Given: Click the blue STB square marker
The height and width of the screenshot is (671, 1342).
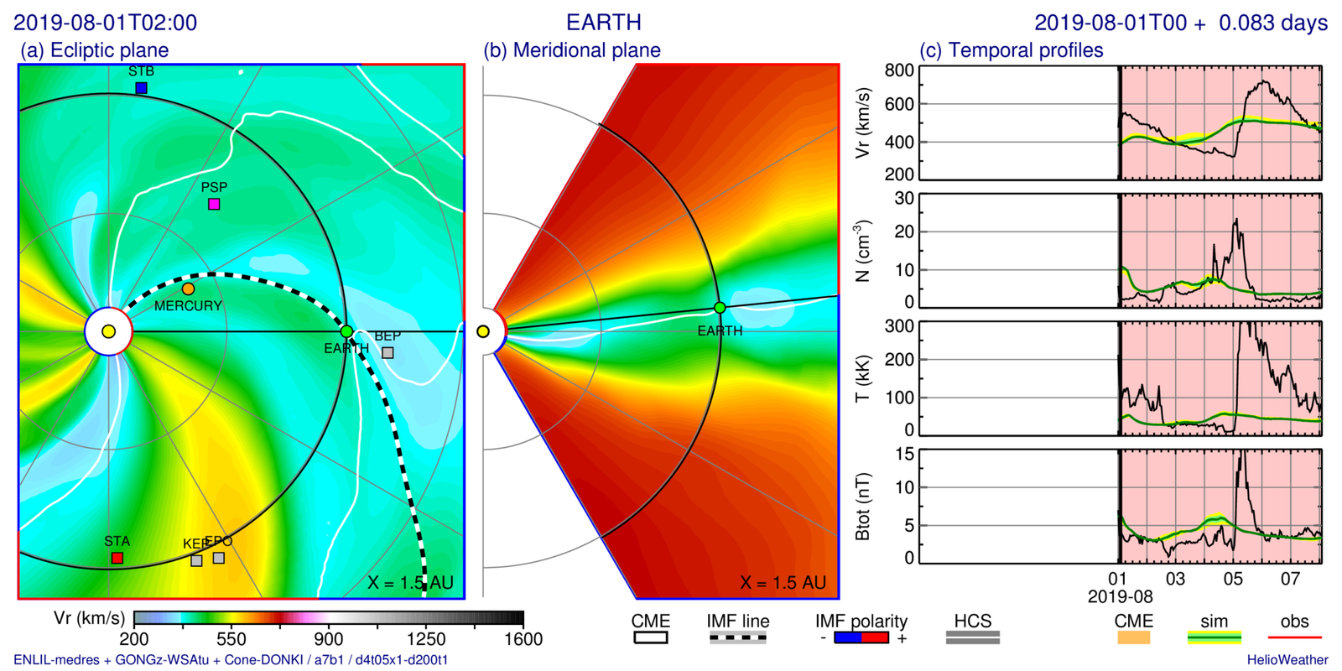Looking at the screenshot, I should coord(141,88).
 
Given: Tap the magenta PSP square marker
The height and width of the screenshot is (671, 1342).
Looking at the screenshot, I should coord(214,204).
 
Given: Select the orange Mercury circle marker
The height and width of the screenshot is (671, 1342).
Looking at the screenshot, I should coord(188,289).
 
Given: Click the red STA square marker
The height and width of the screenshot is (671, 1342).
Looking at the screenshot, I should coord(117,558).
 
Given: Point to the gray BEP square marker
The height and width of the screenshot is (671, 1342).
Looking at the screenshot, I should coord(388,353).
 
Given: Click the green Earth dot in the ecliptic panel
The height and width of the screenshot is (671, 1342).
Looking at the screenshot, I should coord(346,332).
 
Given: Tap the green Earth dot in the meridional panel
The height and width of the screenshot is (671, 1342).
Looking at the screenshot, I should coord(720,308).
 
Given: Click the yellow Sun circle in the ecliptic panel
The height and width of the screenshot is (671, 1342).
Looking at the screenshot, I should coord(108,332).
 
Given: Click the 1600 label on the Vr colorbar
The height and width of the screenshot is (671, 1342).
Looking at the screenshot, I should coord(523,639).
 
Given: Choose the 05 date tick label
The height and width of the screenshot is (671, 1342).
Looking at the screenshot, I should coord(1233,579).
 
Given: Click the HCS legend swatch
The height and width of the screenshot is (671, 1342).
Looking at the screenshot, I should coord(973,638).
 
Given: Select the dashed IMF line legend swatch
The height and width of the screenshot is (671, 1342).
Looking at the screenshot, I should coord(737,638).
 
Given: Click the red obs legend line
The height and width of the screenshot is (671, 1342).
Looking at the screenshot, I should coord(1294,638).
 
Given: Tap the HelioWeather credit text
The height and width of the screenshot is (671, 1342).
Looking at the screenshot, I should coord(1287,660).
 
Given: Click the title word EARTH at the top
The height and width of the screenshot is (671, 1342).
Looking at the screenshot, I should coord(604,22).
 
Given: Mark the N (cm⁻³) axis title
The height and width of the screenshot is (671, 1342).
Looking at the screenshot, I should coord(862,250).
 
